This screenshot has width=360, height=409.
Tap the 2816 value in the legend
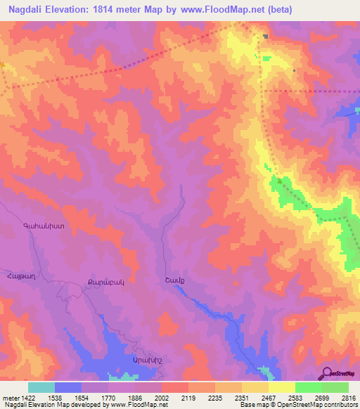tap(348, 397)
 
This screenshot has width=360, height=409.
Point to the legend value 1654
tap(81, 397)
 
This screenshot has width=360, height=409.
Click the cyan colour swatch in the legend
tap(41, 387)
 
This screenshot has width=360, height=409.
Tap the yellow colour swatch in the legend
tap(281, 387)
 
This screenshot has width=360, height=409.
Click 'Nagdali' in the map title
tap(30, 10)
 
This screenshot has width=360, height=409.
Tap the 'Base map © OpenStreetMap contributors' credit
tap(298, 405)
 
